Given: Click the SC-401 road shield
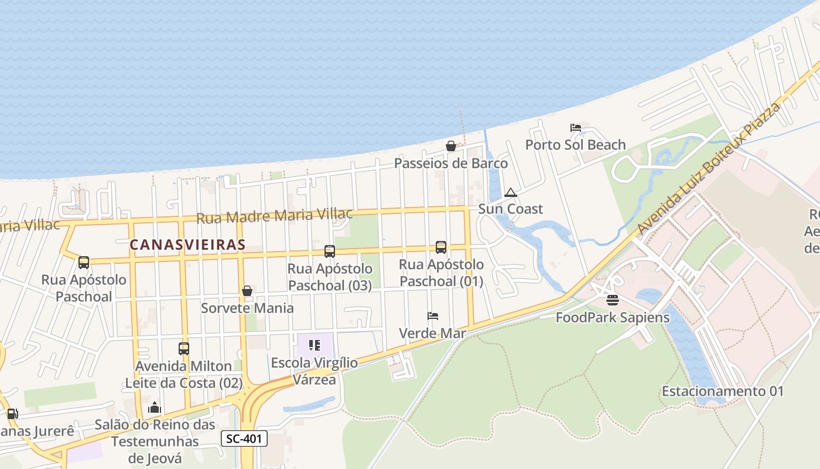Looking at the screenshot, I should click(244, 439).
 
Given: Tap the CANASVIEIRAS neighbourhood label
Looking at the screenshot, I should click(187, 244).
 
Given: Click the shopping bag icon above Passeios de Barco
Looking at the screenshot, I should click(451, 146).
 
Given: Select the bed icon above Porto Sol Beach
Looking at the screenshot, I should click(575, 128).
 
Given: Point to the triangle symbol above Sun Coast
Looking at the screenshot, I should click(511, 192).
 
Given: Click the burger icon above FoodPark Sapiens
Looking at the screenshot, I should click(613, 301).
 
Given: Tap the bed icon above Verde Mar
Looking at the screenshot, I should click(433, 316).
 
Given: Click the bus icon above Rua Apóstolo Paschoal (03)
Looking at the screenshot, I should click(330, 252).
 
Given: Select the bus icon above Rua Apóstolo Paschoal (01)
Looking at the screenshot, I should click(441, 247).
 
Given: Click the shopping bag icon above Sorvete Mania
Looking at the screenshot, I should click(247, 291).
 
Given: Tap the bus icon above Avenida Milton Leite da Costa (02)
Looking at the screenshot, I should click(184, 349).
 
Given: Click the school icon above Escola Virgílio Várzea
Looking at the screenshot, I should click(315, 345).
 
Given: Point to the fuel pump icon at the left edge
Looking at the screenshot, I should click(12, 414).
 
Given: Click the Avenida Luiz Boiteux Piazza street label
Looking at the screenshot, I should click(710, 168).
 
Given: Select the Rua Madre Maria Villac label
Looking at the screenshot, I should click(274, 216).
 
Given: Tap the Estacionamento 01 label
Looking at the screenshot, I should click(722, 391).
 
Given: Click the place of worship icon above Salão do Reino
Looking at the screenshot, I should click(155, 407).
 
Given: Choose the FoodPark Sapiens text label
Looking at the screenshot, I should click(612, 318).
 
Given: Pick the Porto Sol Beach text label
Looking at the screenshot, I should click(575, 145).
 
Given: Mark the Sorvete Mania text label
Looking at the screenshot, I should click(247, 308).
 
